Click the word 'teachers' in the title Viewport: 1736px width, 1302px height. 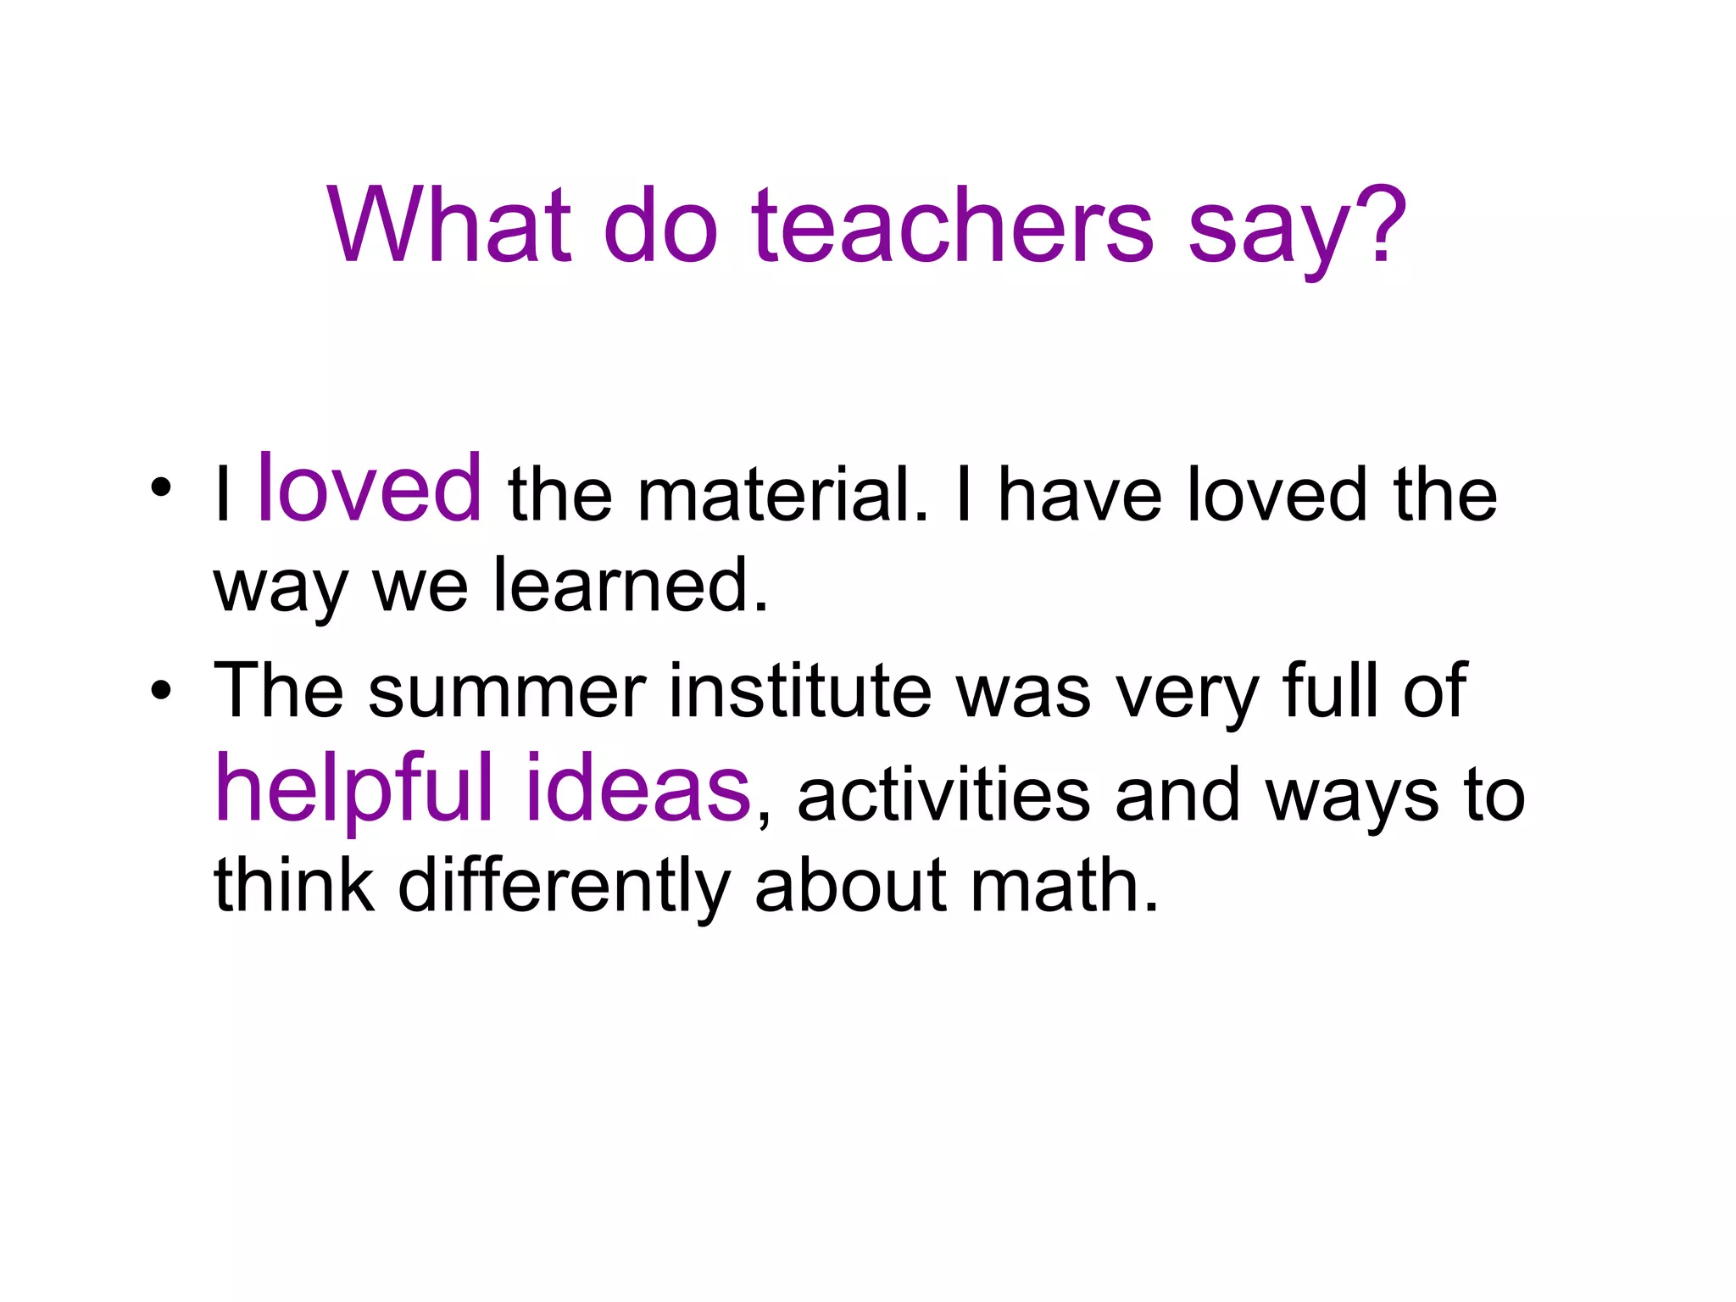(x=952, y=225)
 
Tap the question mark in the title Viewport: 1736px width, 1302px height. (x=1380, y=224)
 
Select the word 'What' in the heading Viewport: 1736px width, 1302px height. (x=449, y=225)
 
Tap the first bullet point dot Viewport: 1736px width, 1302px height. (x=161, y=488)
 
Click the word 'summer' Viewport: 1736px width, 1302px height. (x=507, y=692)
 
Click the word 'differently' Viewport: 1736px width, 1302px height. (x=564, y=887)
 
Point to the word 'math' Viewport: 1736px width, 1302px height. (x=1064, y=885)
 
